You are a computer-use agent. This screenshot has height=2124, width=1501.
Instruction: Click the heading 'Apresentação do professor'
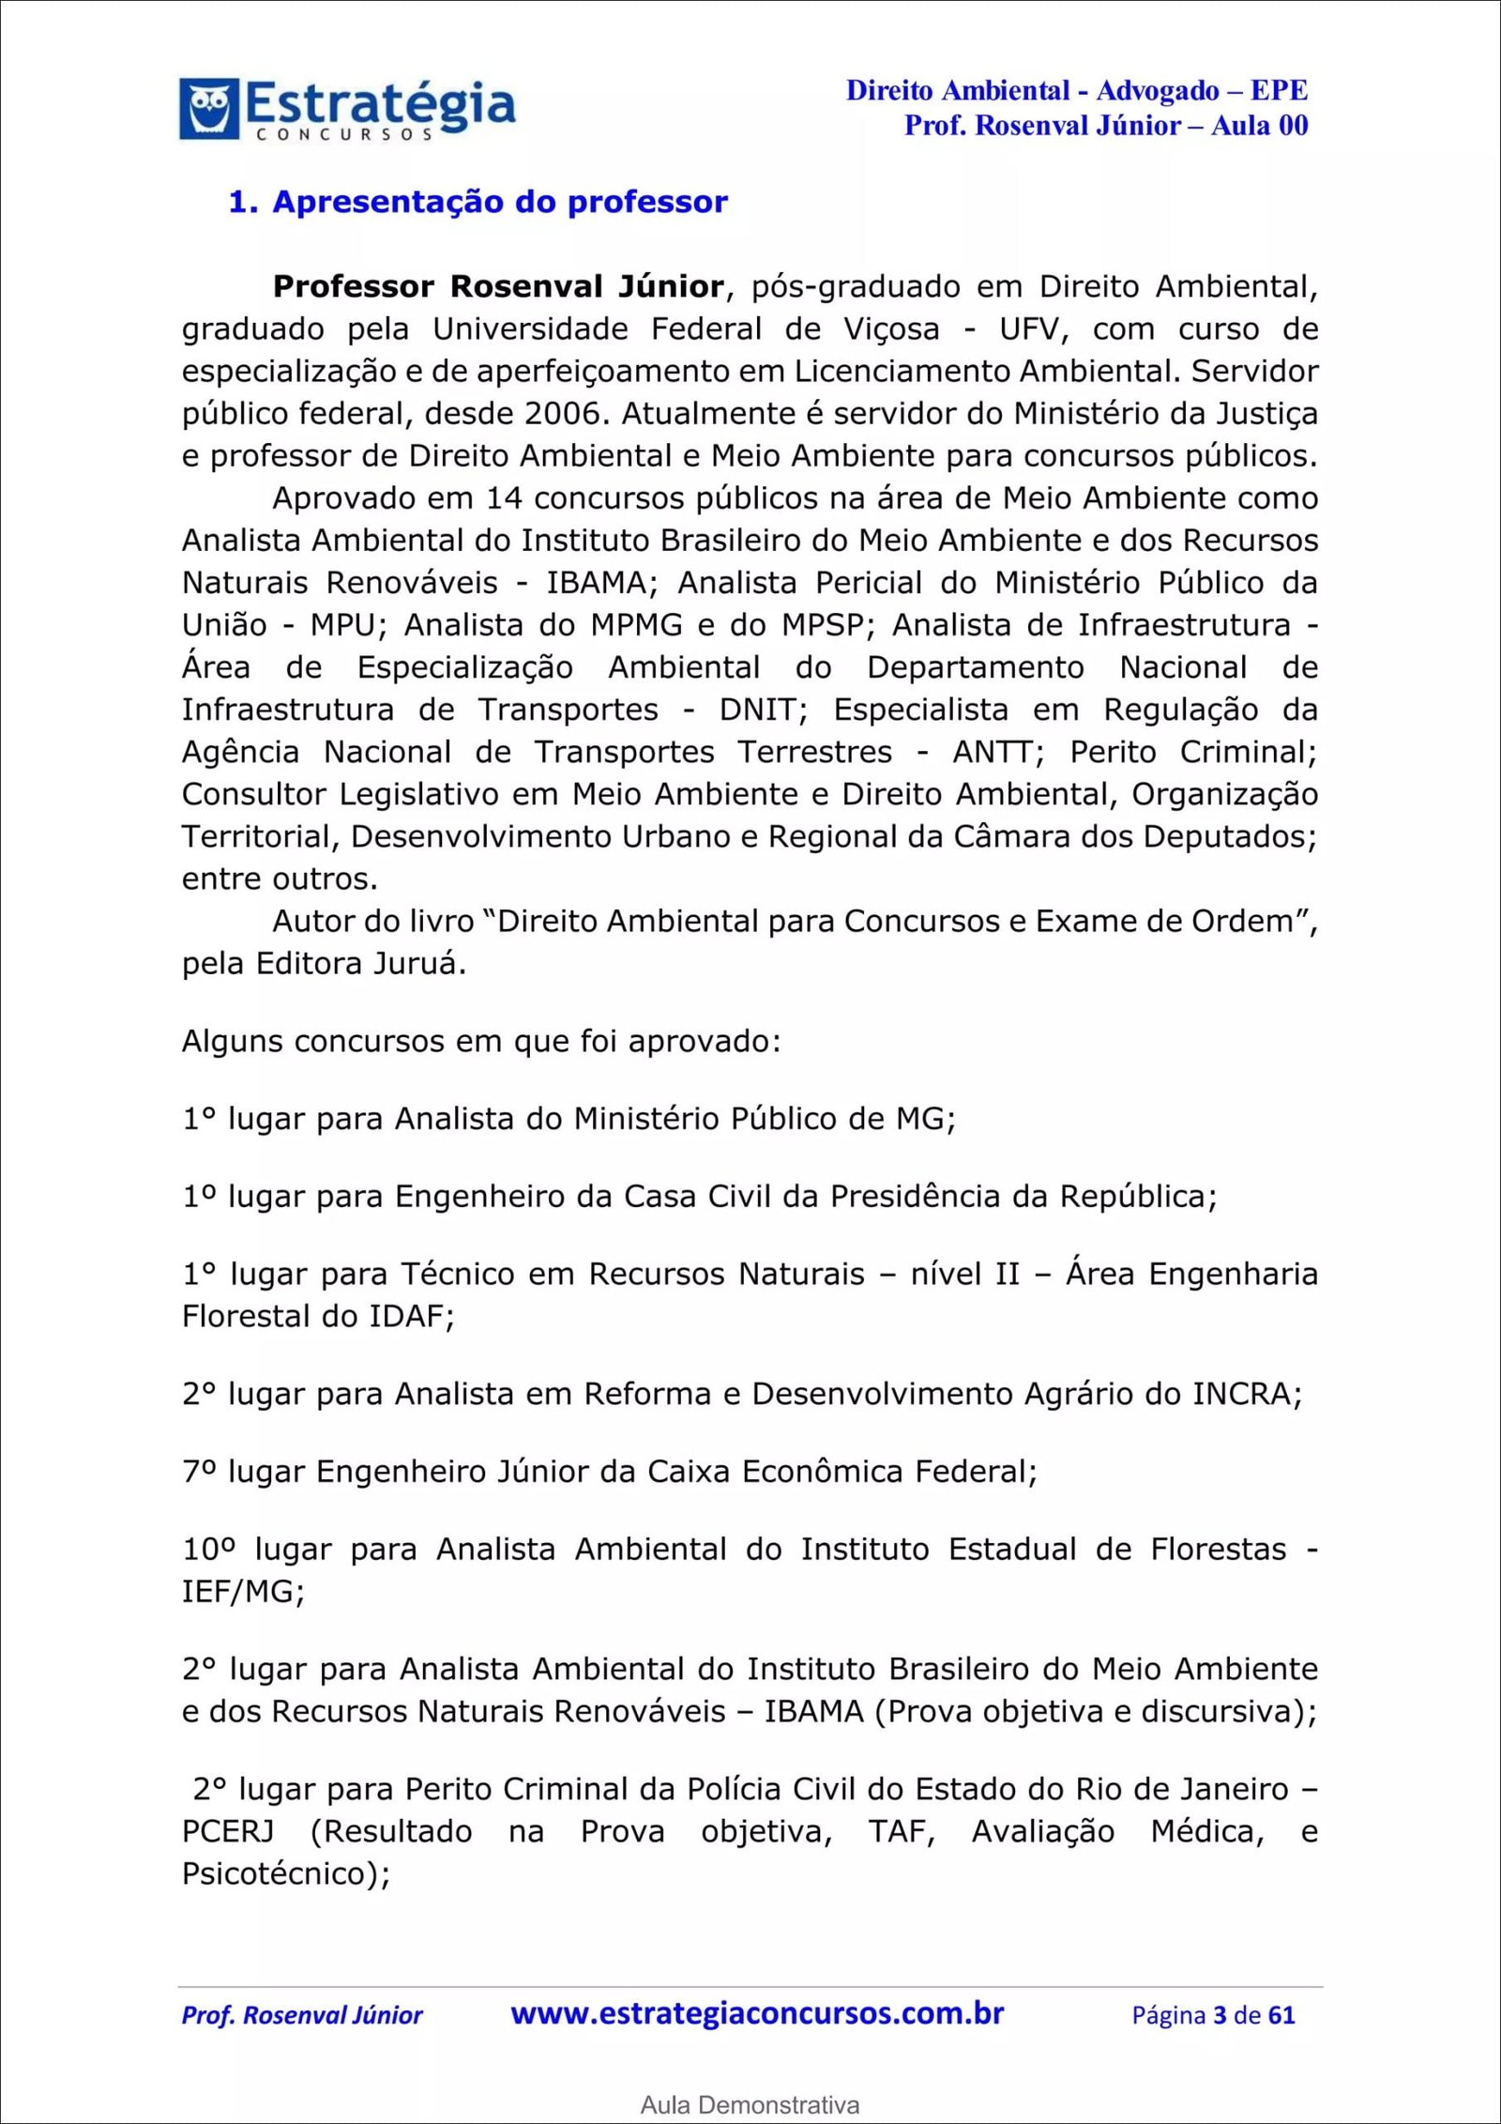click(499, 203)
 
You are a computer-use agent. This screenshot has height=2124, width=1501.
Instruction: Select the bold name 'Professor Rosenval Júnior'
click(498, 286)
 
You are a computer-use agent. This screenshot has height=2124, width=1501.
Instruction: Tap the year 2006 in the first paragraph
click(563, 414)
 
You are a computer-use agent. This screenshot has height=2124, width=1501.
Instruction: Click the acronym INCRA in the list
click(1246, 1394)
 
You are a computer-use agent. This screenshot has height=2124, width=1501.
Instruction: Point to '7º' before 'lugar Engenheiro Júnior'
click(200, 1471)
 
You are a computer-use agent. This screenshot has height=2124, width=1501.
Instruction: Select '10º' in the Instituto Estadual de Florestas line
click(208, 1549)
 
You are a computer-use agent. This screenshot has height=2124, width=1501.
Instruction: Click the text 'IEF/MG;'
click(243, 1591)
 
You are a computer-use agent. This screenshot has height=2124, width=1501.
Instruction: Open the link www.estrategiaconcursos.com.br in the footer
click(757, 2014)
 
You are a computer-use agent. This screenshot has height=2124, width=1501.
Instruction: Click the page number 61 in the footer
click(1281, 2015)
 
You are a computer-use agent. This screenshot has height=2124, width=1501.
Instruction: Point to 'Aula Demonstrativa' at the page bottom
click(750, 2105)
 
